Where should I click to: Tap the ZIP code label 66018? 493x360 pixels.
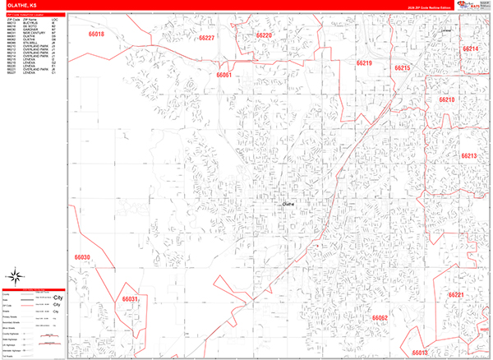(x=96, y=36)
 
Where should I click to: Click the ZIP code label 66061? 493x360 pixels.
(x=224, y=75)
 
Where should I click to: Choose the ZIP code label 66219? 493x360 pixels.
(x=364, y=63)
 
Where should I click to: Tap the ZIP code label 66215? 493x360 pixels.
(x=402, y=67)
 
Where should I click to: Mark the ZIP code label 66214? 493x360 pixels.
(x=471, y=49)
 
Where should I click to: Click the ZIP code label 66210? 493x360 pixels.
(x=446, y=99)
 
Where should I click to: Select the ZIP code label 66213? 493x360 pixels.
(x=468, y=155)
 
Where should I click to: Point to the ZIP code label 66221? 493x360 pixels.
(x=457, y=294)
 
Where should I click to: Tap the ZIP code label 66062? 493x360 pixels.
(x=380, y=317)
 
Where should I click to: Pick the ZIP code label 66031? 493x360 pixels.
(x=130, y=298)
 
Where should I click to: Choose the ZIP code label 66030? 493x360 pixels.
(x=82, y=257)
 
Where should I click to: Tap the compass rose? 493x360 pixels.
(x=16, y=276)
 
